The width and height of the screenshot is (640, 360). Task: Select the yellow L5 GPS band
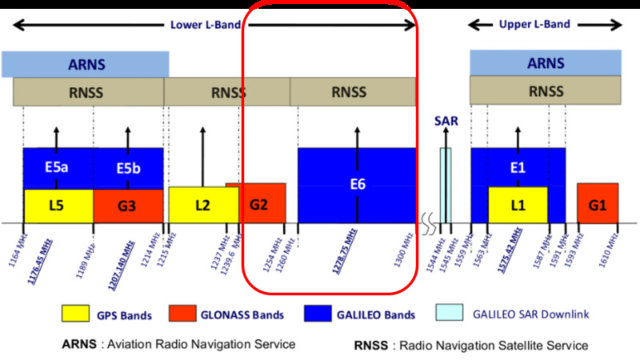point(58,206)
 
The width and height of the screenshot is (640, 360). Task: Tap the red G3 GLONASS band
point(127,206)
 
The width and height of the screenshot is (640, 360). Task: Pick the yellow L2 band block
point(202,206)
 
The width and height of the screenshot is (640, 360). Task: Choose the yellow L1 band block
point(518,206)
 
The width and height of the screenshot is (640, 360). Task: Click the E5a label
point(57,168)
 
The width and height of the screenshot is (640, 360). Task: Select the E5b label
point(128,168)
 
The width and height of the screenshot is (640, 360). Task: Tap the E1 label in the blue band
point(517,167)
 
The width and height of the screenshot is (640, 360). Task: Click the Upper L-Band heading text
point(534,24)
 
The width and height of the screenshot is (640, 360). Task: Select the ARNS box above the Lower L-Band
point(86,64)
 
